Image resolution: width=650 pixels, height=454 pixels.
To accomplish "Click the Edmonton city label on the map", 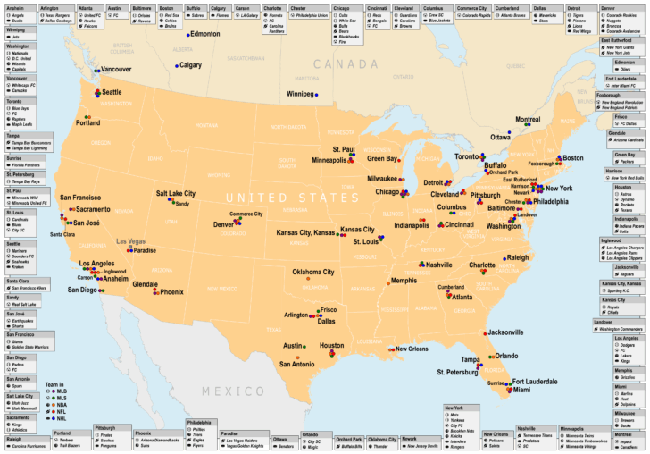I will click(206, 34).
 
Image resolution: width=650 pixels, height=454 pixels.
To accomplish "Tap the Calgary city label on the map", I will click(190, 65).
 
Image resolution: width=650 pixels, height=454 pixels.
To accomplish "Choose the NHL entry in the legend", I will click(62, 418).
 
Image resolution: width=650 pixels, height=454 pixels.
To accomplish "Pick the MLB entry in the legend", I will click(62, 391).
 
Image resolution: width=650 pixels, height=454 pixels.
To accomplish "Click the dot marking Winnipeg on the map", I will click(313, 93).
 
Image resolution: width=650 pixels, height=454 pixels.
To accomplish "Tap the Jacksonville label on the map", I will click(505, 332).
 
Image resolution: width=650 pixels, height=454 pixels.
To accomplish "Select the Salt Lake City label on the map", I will click(176, 194).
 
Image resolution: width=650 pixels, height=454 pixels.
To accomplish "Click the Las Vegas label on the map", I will click(131, 241).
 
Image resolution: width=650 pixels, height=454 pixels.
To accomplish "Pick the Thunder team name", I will click(382, 446).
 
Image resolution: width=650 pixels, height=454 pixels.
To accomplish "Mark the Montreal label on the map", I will click(529, 120).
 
